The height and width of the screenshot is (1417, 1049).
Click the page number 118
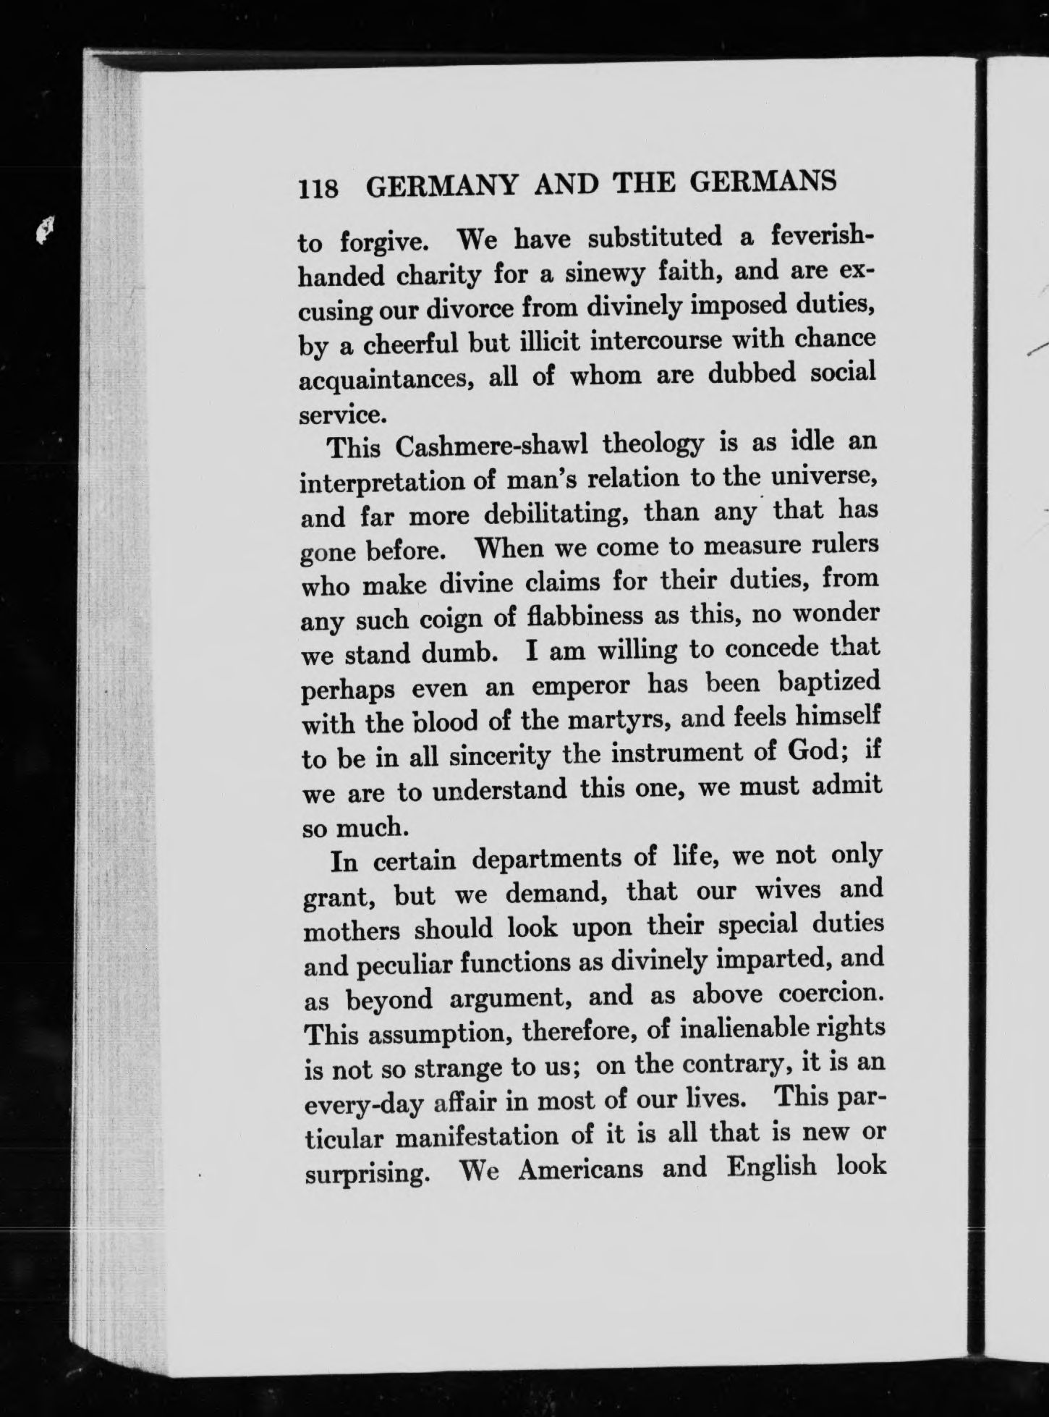[318, 189]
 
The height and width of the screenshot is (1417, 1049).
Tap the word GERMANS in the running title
[764, 181]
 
